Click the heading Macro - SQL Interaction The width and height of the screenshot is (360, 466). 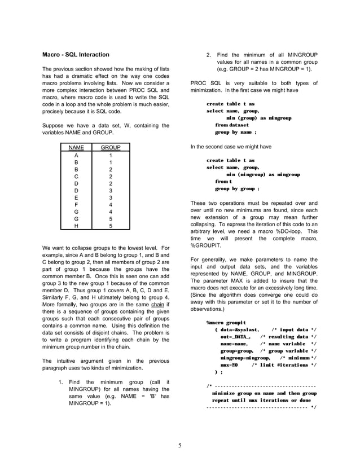pyautogui.click(x=76, y=55)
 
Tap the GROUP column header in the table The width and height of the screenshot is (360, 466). pyautogui.click(x=111, y=148)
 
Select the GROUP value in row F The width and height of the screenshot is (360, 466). pyautogui.click(x=111, y=205)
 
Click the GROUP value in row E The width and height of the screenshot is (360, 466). pyautogui.click(x=111, y=197)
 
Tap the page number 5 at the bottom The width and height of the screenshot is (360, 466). pyautogui.click(x=179, y=445)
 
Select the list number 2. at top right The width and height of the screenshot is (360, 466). pyautogui.click(x=209, y=55)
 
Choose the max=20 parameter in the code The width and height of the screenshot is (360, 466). pyautogui.click(x=230, y=365)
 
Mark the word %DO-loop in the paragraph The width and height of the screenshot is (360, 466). pyautogui.click(x=288, y=231)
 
